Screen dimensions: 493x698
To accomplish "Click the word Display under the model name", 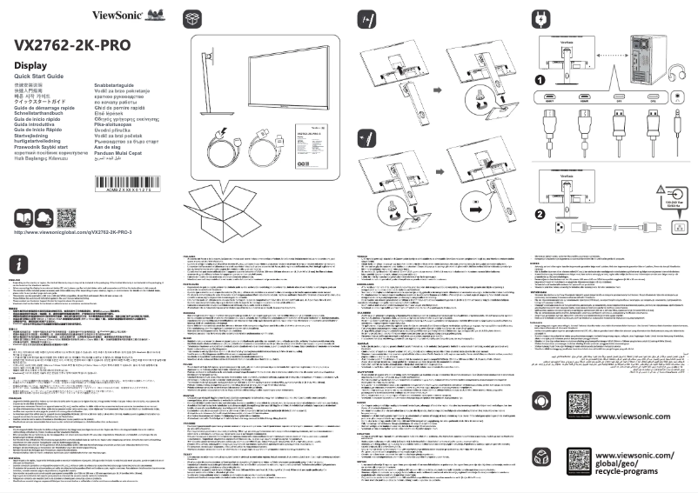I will (30, 66).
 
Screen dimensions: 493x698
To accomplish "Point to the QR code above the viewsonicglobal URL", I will (66, 217).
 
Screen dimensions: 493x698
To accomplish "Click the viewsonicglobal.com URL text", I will (72, 233).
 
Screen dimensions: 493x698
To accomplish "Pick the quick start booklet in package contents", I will (310, 141).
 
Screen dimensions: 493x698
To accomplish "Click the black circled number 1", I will (540, 80).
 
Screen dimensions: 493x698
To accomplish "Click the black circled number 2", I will (540, 214).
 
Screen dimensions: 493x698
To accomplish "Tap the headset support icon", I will (541, 401).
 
